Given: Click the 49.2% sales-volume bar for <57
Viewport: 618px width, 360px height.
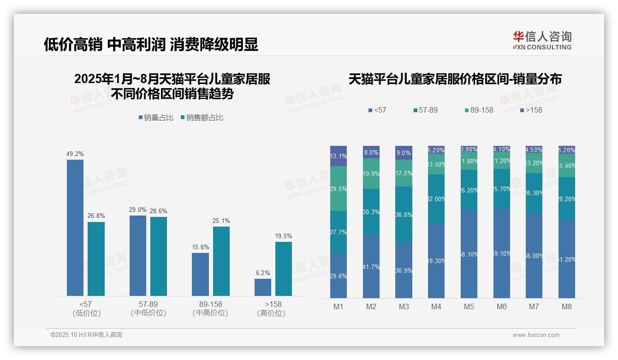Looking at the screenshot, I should pos(75,228).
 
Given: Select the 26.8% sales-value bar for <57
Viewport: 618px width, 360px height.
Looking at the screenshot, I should pos(96,258).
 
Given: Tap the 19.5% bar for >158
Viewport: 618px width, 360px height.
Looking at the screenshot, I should pos(284,269).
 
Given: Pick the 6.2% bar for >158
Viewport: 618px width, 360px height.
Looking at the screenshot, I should pos(263,287).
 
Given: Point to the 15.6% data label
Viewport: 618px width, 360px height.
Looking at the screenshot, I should pos(200,247).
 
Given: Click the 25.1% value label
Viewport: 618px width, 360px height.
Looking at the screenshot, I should pos(221,221).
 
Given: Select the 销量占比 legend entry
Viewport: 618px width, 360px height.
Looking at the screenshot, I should pos(156,118).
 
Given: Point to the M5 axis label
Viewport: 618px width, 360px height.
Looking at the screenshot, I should pos(469,306).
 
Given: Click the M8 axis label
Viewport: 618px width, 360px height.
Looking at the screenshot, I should pos(567,306).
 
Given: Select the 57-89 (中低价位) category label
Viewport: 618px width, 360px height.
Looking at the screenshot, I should pos(148,308).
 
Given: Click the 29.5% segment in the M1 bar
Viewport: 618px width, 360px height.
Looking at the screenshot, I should pos(339,188).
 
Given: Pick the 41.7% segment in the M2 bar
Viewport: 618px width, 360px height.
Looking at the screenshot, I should pos(371,266).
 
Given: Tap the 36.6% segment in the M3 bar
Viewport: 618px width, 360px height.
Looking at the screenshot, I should pos(404,215).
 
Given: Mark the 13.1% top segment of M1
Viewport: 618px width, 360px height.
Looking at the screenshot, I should pos(339,156).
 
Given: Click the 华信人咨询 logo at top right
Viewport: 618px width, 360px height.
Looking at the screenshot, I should pos(542,40).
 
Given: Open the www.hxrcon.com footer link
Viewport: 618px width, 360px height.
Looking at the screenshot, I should pos(536,335).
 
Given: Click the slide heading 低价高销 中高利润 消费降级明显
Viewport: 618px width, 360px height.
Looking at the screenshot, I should pos(151,44).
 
